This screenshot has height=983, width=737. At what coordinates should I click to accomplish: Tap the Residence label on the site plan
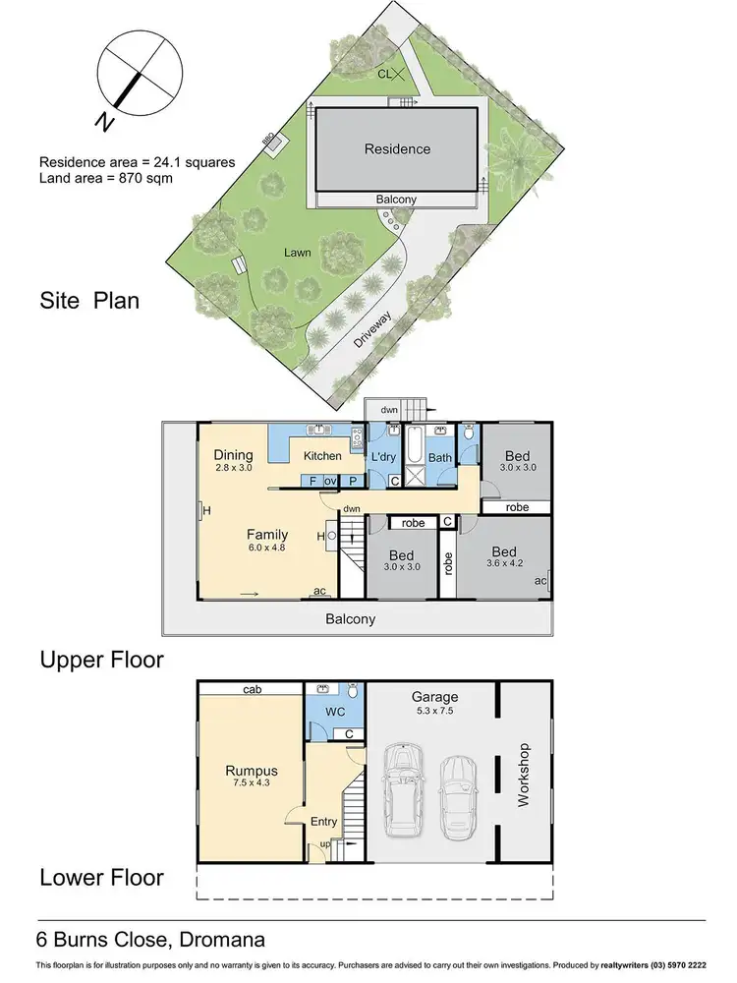pos(397,149)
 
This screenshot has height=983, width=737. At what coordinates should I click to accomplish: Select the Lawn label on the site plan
pos(298,253)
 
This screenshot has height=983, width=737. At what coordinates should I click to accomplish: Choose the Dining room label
pos(233,455)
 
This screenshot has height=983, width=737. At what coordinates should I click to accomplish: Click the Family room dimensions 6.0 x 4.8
pos(266,549)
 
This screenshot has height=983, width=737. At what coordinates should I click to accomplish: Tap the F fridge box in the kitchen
pos(312,481)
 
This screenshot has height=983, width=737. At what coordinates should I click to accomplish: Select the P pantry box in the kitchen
pos(351,481)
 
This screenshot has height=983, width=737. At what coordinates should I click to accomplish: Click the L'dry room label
pos(382,457)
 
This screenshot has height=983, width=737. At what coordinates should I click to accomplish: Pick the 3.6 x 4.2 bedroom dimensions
pos(505,563)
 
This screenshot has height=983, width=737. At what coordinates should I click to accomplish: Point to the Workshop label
pos(524,775)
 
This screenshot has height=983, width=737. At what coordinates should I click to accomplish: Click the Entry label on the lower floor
pos(323,822)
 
